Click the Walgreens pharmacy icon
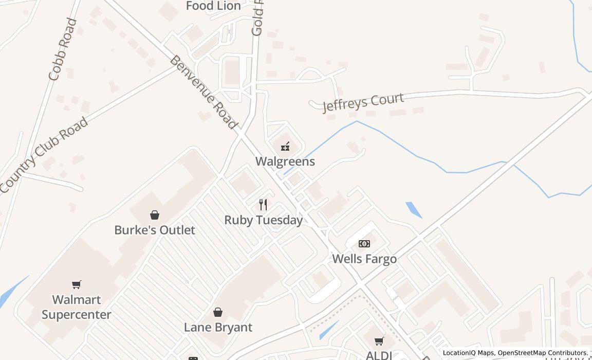(285, 147)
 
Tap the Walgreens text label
(285, 161)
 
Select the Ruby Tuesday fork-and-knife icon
(263, 205)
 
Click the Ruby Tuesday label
(263, 220)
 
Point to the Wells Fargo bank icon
(364, 244)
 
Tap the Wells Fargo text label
(364, 259)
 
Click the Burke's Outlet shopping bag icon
(154, 215)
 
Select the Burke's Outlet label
(154, 230)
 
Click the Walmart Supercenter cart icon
(77, 284)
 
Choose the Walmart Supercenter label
(77, 307)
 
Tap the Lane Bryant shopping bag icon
(218, 312)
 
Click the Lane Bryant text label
(218, 327)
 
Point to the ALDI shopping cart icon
(379, 341)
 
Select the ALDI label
(379, 355)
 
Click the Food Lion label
(213, 6)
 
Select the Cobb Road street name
(63, 50)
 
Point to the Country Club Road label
(44, 155)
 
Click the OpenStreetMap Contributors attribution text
(543, 353)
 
